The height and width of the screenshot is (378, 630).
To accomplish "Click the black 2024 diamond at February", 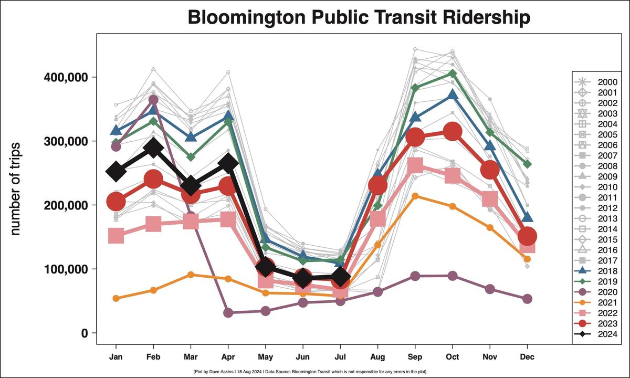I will (x=153, y=148).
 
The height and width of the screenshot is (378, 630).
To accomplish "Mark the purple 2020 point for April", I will (x=228, y=313).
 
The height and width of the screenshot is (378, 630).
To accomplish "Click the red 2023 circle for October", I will (x=453, y=132).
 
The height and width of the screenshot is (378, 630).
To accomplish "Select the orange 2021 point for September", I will (x=415, y=196).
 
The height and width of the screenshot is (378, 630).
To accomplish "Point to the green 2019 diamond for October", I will (x=453, y=73).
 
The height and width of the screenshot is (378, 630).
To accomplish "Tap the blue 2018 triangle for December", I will (x=528, y=217).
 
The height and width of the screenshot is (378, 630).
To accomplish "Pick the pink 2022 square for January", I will (x=116, y=236).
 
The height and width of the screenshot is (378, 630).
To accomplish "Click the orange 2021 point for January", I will (x=116, y=298).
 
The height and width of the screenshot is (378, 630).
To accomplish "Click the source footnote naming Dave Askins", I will (x=310, y=372).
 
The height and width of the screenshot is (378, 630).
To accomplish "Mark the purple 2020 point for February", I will (x=153, y=100).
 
